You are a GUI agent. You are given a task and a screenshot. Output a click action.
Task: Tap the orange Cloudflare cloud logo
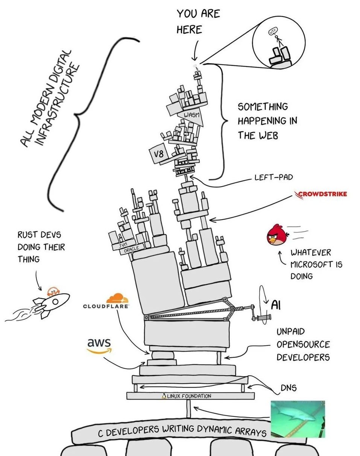click(x=117, y=299)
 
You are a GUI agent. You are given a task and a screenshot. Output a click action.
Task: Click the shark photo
click(x=298, y=418)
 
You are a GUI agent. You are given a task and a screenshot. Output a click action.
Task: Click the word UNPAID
click(x=290, y=332)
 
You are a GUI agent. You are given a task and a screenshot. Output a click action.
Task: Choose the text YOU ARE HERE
click(x=198, y=21)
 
